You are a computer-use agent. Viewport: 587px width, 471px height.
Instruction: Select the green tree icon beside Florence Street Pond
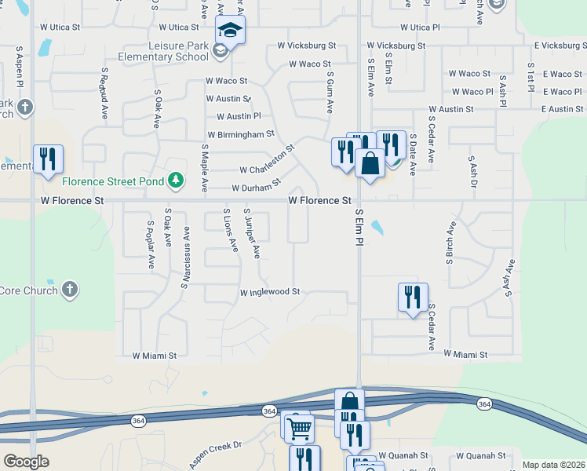[x=177, y=181]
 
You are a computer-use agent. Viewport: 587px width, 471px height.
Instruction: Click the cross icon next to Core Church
[x=70, y=290]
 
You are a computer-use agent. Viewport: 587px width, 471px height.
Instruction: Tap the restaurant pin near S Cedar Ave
[x=413, y=298]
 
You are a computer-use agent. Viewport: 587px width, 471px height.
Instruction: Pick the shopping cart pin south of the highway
[x=299, y=429]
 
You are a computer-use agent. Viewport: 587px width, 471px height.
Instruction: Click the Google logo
[x=26, y=462]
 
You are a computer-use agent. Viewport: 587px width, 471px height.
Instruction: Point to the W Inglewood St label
[x=270, y=292]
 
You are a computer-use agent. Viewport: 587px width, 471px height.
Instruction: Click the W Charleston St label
[x=267, y=159]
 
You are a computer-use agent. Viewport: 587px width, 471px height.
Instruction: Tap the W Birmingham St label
[x=241, y=134]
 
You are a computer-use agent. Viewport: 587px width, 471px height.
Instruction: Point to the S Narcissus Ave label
[x=186, y=257]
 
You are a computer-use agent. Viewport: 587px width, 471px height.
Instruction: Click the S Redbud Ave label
[x=104, y=93]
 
